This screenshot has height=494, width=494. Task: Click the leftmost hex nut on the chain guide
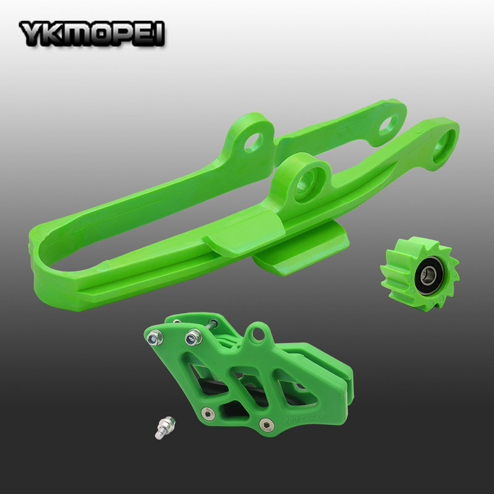coord(155,337)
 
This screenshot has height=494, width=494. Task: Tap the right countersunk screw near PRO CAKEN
coord(266,424)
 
